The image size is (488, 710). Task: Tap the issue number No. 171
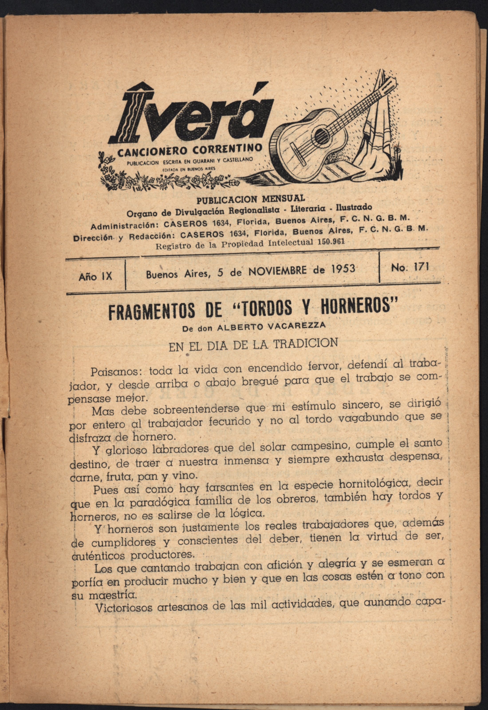[x=409, y=268]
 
